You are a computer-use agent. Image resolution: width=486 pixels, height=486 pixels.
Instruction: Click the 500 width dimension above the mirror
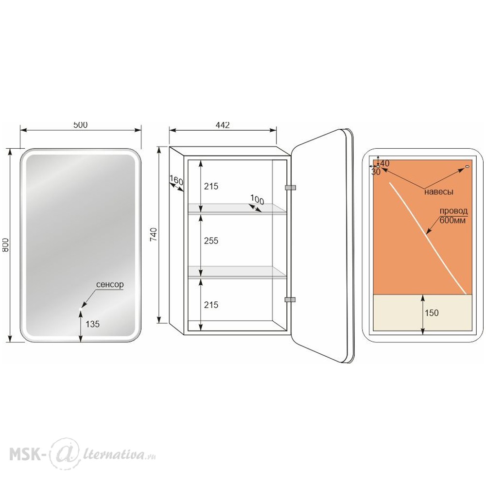click(x=80, y=124)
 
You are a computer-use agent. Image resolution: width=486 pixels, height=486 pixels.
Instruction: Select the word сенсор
click(x=110, y=284)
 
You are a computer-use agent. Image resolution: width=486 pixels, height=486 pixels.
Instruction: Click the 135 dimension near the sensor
click(x=92, y=324)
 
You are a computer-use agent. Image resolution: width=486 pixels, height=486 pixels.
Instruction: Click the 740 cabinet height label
click(x=154, y=235)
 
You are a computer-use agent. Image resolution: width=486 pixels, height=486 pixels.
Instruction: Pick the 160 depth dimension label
click(x=176, y=180)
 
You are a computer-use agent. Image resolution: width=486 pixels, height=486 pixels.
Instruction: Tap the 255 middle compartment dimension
click(x=211, y=241)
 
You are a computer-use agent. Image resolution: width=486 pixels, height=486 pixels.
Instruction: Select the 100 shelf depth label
click(x=257, y=200)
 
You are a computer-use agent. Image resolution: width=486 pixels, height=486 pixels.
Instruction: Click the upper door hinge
click(x=290, y=188)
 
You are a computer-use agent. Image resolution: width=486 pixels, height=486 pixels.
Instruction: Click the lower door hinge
click(x=290, y=300)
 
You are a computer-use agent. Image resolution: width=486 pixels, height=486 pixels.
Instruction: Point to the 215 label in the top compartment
click(x=211, y=186)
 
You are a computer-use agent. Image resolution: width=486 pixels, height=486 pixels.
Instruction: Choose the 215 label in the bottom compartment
click(x=211, y=305)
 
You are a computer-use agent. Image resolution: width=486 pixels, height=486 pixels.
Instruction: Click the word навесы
click(x=438, y=192)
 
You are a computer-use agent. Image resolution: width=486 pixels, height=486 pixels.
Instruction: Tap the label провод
click(x=454, y=211)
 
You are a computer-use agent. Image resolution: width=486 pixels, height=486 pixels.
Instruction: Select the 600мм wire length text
click(x=453, y=220)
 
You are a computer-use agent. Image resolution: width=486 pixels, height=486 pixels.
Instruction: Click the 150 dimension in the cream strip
click(x=432, y=312)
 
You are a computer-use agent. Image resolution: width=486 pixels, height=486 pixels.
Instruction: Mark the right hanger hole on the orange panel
click(x=468, y=167)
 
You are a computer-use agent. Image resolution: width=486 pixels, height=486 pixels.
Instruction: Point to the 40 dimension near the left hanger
click(x=384, y=163)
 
